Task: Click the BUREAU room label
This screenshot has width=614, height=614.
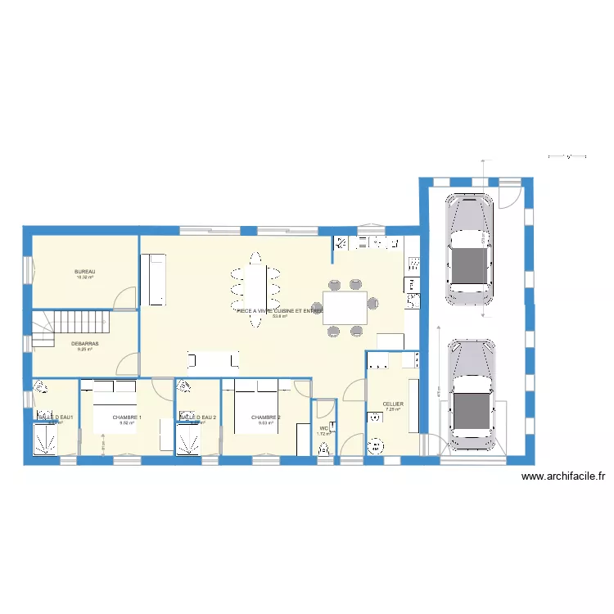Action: [x=85, y=272]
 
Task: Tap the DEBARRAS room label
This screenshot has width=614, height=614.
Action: [x=85, y=343]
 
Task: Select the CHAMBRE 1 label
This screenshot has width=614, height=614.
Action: [x=127, y=418]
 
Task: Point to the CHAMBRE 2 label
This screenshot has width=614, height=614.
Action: [x=266, y=418]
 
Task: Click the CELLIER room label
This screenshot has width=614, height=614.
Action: [x=393, y=404]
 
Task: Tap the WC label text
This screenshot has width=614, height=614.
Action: [x=324, y=428]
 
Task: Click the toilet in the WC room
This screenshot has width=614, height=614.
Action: [x=324, y=448]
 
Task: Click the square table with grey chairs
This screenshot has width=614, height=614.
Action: [x=345, y=308]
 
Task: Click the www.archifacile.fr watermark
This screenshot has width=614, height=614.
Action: [x=562, y=476]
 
